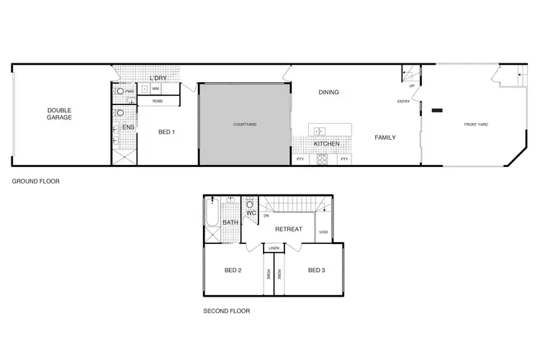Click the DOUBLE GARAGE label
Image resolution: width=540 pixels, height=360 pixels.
point(60,114)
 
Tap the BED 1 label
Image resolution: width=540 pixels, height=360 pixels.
point(166,132)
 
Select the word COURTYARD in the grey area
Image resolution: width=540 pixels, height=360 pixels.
point(245,125)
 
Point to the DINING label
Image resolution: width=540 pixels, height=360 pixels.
point(328,92)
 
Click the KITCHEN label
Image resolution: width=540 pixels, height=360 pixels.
point(326,144)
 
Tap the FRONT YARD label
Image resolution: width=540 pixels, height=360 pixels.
point(476,125)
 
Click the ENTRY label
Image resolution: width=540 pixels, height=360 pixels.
point(403,102)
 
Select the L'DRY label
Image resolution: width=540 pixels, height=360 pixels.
point(158,78)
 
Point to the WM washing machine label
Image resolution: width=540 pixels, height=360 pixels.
point(155,89)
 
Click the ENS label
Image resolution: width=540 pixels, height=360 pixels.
point(128,127)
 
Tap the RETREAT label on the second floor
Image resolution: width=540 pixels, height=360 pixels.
point(288,230)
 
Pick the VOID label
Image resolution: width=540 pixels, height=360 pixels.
point(323,232)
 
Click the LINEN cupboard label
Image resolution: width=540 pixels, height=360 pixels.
point(274,248)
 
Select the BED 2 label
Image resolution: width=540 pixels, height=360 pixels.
point(233,271)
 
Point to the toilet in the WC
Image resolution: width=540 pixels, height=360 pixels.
point(249,203)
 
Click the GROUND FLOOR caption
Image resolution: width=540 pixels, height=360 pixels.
point(35,181)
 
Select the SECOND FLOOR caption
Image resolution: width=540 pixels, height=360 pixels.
point(227,312)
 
